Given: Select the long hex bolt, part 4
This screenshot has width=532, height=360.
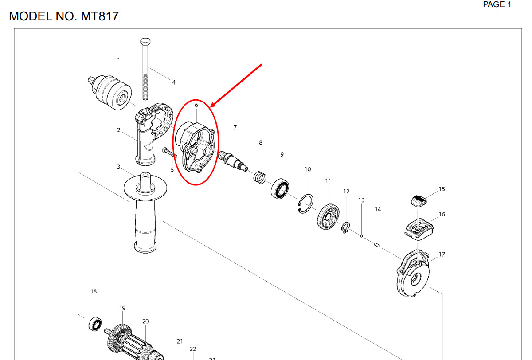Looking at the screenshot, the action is click(x=145, y=69).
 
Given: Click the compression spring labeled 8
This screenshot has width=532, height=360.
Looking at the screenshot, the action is click(x=260, y=177).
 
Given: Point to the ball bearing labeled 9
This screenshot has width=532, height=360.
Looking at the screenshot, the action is click(x=280, y=189).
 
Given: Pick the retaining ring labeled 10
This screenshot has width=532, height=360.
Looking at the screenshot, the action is click(x=305, y=203).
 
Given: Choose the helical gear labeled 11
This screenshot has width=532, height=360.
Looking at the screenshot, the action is click(x=328, y=216).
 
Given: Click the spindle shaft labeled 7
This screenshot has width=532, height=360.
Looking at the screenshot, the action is click(x=233, y=161).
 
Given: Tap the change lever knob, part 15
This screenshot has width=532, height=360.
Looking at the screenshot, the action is click(x=419, y=201).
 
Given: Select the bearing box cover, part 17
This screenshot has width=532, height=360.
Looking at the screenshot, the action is click(x=413, y=273).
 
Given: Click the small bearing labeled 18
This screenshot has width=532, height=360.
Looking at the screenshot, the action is click(x=95, y=324).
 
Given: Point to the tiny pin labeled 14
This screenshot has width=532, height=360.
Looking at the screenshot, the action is click(x=377, y=245).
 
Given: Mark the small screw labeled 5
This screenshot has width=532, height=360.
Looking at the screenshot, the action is click(x=169, y=153).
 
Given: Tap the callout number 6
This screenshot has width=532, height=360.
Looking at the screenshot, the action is click(x=196, y=105).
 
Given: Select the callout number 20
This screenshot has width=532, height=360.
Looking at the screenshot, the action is click(x=145, y=321).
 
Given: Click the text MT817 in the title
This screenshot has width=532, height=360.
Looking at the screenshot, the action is click(x=99, y=16).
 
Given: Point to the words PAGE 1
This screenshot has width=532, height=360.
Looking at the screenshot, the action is click(x=497, y=4).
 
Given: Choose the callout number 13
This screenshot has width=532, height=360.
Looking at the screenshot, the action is click(x=361, y=200).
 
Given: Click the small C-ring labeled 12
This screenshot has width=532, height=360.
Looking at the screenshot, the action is click(x=345, y=227).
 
